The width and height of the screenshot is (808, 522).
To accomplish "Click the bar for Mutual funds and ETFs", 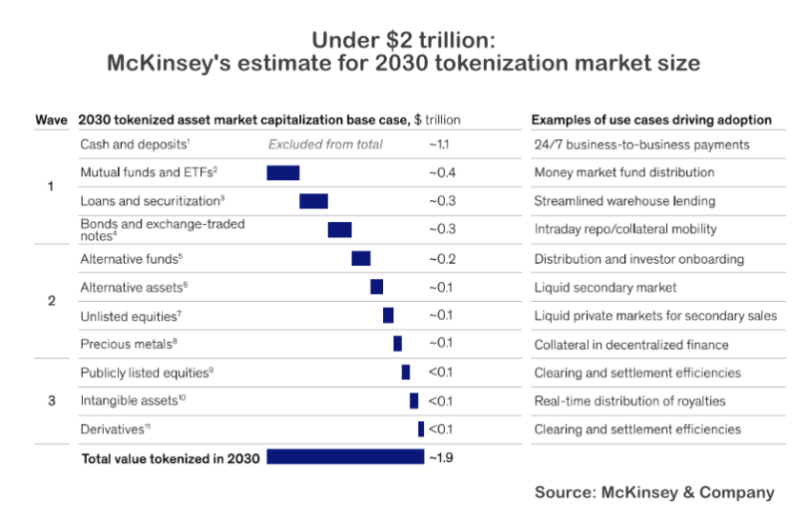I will (x=282, y=172).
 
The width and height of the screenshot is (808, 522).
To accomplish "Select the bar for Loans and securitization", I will (x=313, y=201).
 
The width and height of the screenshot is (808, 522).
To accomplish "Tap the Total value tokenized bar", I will (x=345, y=457).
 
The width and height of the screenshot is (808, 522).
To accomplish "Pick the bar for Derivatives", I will (x=421, y=429).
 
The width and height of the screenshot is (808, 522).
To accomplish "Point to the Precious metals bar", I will (x=397, y=344).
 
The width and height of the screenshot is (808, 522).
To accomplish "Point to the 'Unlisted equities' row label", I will (x=130, y=315).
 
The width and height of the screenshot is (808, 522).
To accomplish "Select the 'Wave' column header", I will (x=51, y=120).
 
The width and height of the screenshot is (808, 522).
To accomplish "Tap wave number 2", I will (x=51, y=300).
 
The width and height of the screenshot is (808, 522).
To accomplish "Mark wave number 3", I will (x=51, y=400).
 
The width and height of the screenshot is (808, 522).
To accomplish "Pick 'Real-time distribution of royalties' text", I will (x=629, y=400).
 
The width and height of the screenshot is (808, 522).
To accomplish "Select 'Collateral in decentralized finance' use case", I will (x=631, y=345).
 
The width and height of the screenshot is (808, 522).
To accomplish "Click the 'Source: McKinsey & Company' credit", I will (x=653, y=492).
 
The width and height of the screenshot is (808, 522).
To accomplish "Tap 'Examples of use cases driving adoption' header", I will (x=651, y=120).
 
